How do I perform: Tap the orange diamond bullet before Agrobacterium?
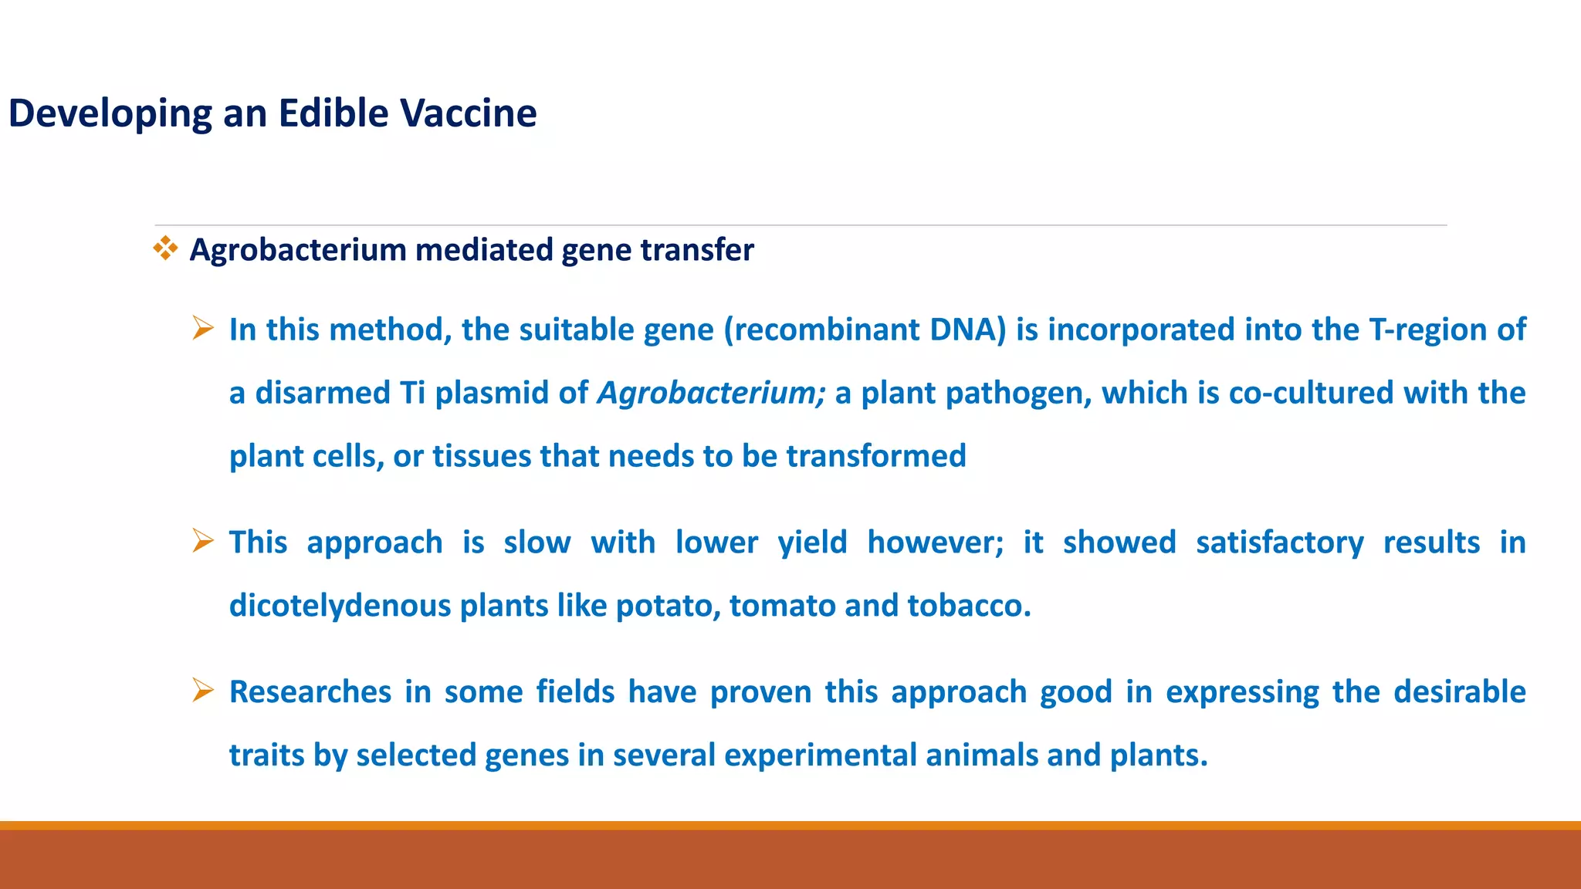[x=165, y=248]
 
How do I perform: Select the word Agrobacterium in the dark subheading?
[x=298, y=250]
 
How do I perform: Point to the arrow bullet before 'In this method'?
[x=203, y=329]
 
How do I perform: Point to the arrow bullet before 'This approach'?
[x=203, y=541]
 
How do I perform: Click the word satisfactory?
[x=1279, y=543]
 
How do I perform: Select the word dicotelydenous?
[x=340, y=606]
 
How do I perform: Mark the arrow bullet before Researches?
[x=203, y=690]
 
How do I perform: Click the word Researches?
[x=310, y=692]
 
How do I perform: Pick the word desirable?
[x=1459, y=692]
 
